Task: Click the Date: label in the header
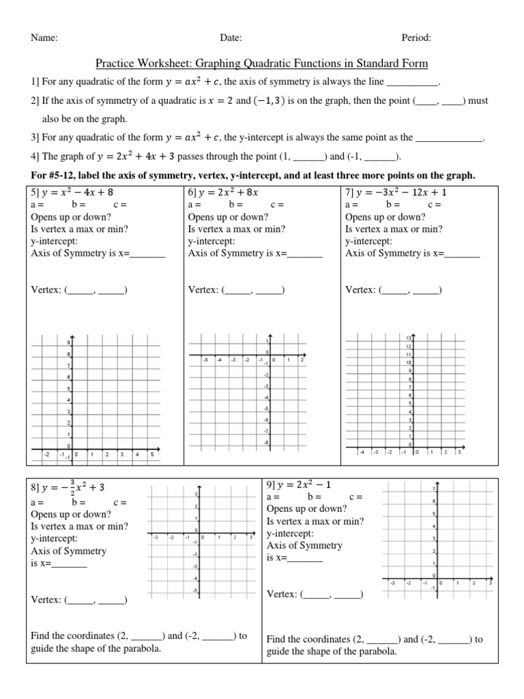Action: [231, 39]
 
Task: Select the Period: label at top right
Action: [416, 39]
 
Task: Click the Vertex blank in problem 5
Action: [96, 290]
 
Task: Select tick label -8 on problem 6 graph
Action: [266, 443]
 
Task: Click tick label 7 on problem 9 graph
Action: [435, 489]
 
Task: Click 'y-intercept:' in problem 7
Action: [368, 241]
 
